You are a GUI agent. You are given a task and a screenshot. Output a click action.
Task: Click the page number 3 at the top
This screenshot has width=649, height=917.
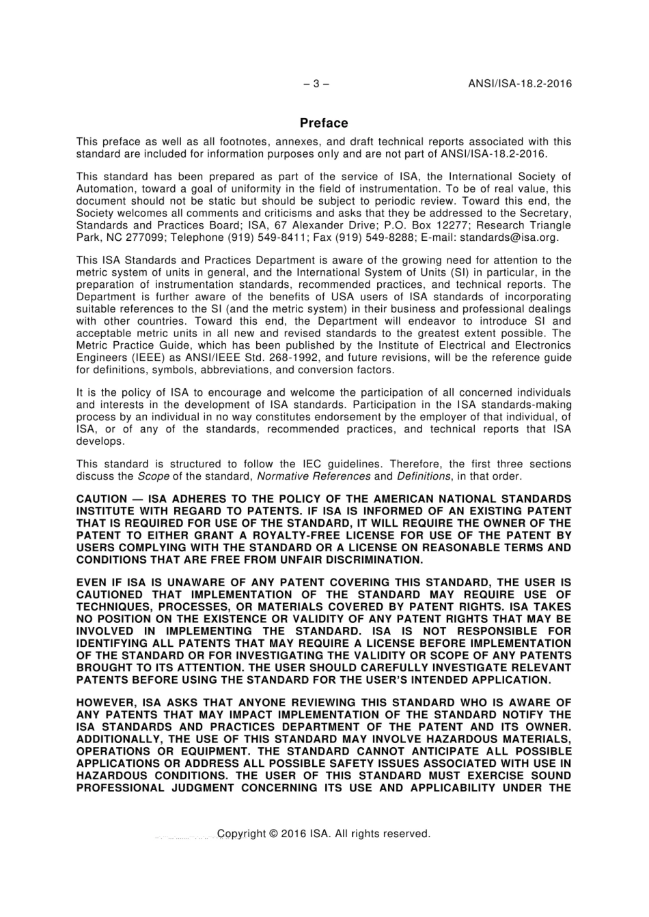(x=316, y=84)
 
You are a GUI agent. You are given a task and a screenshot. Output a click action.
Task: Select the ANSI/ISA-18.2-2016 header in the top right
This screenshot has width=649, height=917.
(x=520, y=84)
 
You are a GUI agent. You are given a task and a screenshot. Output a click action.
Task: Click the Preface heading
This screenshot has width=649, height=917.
(x=324, y=123)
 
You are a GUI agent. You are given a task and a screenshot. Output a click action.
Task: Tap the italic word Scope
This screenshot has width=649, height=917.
(x=153, y=476)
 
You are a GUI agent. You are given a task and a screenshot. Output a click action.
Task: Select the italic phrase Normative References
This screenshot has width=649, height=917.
(x=314, y=476)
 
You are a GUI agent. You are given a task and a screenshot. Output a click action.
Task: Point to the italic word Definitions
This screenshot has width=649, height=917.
(x=423, y=476)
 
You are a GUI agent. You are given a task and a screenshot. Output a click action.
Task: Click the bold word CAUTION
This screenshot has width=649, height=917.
(x=102, y=499)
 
